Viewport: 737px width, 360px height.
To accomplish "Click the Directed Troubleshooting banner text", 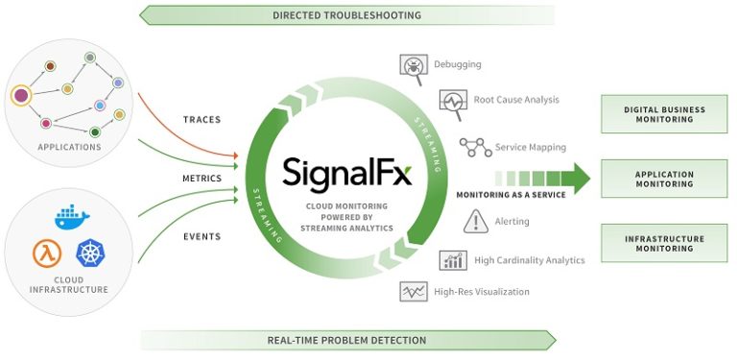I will tap(346, 15).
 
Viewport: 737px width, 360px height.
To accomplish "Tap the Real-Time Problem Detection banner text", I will tap(346, 340).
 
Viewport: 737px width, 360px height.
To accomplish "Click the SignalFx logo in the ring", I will tap(346, 174).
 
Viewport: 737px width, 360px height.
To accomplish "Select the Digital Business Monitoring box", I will tap(664, 114).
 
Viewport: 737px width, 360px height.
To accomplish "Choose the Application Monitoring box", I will tap(664, 179).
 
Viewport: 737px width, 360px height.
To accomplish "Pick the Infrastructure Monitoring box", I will tap(664, 244).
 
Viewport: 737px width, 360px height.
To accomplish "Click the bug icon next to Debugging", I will tap(413, 65).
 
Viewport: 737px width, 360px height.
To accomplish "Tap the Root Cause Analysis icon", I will tap(452, 101).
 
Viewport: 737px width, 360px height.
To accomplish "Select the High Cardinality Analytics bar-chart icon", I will tap(453, 259).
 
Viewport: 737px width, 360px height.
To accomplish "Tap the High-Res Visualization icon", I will tap(413, 292).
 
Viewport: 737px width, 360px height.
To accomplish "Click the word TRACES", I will tap(202, 120).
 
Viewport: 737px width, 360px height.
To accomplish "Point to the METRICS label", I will tap(202, 179).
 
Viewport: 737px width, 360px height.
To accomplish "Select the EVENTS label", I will tap(202, 236).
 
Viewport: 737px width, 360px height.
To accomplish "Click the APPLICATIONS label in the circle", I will tap(69, 147).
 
